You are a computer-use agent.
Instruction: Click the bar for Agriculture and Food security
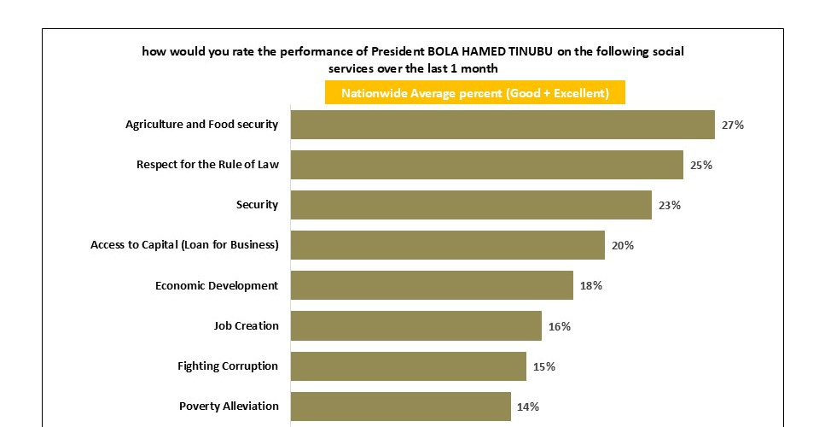pos(502,125)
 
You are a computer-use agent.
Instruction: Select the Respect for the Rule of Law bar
pos(486,165)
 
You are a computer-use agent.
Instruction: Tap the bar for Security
pos(471,205)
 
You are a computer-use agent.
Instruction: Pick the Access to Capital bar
pos(447,245)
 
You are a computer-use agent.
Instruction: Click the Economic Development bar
pos(432,285)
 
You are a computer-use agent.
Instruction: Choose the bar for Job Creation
pos(415,325)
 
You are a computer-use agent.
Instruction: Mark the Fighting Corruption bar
pos(408,366)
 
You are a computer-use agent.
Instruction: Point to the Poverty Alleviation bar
pos(400,407)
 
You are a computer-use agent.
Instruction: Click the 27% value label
pos(733,125)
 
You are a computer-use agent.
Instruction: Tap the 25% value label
pos(701,165)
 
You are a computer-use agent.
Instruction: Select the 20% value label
pos(623,245)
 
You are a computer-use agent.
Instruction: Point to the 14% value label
pos(528,407)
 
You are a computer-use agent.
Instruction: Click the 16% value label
pos(560,326)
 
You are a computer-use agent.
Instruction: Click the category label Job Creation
pos(246,325)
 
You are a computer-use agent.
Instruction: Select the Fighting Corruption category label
pos(228,366)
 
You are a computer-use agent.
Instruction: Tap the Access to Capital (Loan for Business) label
pos(184,245)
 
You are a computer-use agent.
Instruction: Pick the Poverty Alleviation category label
pos(229,406)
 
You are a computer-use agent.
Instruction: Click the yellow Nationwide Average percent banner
pos(474,93)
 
